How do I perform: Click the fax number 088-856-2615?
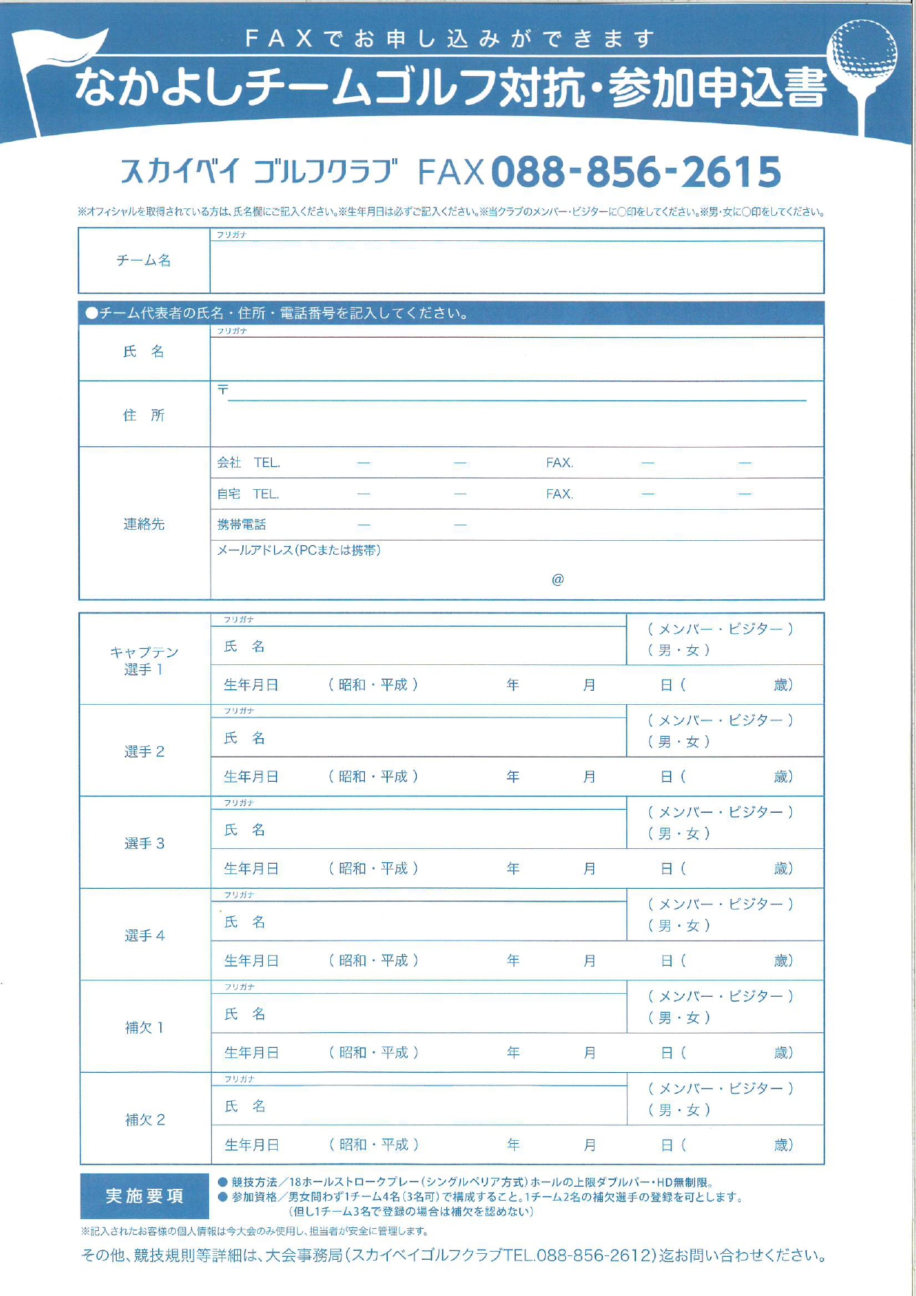(x=636, y=172)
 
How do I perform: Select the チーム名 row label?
(x=144, y=260)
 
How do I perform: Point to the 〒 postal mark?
(x=222, y=389)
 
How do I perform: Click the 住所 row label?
(x=144, y=415)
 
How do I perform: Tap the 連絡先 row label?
(x=144, y=524)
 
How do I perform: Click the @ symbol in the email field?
(x=558, y=579)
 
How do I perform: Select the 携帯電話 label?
(x=242, y=525)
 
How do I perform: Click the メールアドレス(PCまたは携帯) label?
(x=298, y=550)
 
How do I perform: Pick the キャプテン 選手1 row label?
(x=144, y=661)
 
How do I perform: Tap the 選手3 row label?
(x=144, y=843)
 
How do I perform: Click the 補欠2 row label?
(x=145, y=1119)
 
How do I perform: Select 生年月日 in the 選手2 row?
(x=251, y=777)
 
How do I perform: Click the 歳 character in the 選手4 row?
(x=782, y=961)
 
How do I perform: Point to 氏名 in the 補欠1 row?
(x=245, y=1014)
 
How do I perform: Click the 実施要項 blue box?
(x=145, y=1196)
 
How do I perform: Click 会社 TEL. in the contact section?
(x=248, y=463)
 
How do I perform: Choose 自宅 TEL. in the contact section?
(x=247, y=494)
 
